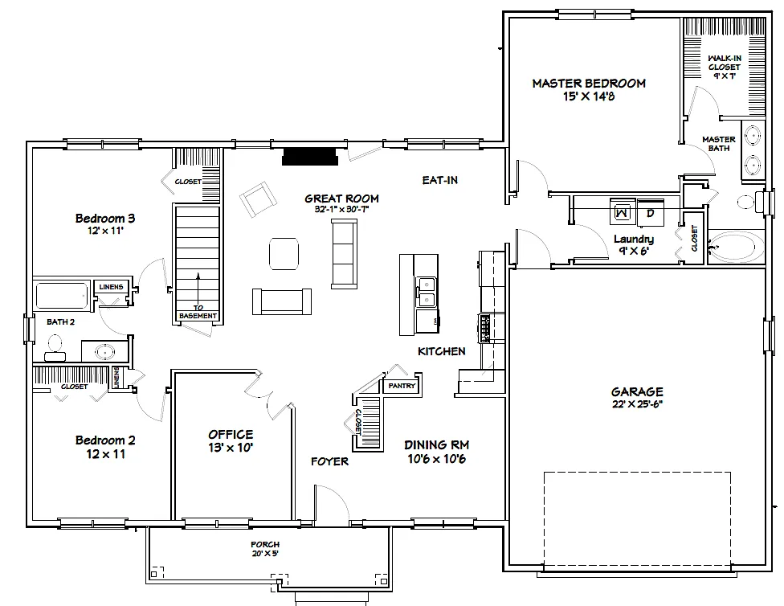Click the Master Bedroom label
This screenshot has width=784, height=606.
click(589, 84)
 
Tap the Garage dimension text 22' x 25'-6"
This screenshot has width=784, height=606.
click(637, 404)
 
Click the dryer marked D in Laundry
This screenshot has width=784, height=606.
click(651, 212)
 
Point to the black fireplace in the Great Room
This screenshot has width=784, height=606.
click(310, 156)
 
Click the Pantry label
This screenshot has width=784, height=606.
click(402, 386)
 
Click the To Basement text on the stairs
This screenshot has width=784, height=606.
click(198, 311)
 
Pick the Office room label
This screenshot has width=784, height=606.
click(231, 435)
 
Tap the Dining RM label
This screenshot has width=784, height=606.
click(436, 444)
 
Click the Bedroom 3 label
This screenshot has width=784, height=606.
click(105, 218)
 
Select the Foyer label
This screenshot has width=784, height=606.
click(330, 461)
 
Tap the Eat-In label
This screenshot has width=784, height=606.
click(439, 180)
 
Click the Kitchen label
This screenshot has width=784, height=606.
click(441, 351)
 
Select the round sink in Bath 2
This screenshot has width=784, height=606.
click(104, 350)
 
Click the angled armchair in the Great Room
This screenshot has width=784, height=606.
click(258, 200)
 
